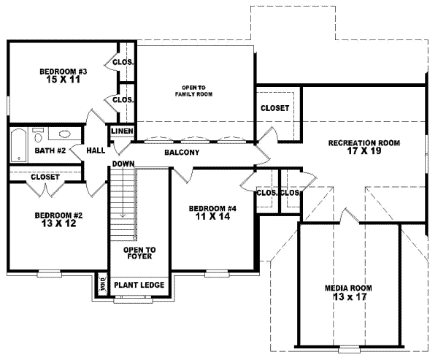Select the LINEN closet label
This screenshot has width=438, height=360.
tap(121, 131)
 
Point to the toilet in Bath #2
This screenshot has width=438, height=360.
tap(39, 134)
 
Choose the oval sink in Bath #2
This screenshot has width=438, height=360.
tap(64, 135)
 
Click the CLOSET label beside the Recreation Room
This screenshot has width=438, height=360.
tap(274, 108)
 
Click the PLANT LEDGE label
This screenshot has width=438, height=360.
tap(138, 285)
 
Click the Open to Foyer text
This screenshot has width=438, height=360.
tap(138, 253)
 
